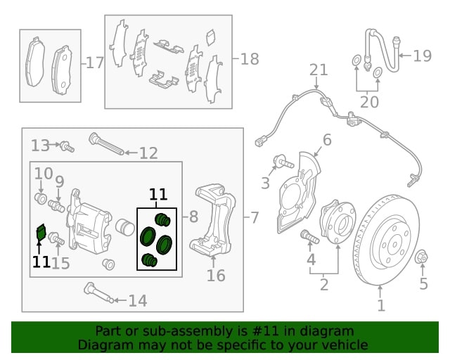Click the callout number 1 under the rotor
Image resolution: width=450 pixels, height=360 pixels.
381,306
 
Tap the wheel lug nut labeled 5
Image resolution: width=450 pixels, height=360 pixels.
423,257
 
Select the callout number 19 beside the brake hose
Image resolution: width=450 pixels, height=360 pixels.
422,56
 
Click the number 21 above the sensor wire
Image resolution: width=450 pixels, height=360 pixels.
319,70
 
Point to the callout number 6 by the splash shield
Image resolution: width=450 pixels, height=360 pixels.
326,140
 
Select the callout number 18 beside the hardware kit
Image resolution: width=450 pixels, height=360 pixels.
250,59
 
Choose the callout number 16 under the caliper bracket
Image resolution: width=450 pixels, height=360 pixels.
216,275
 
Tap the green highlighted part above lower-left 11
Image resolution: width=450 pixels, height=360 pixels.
41,233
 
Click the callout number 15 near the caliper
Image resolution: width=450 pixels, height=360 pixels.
60,264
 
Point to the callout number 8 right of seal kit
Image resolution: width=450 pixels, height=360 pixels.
193,218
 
